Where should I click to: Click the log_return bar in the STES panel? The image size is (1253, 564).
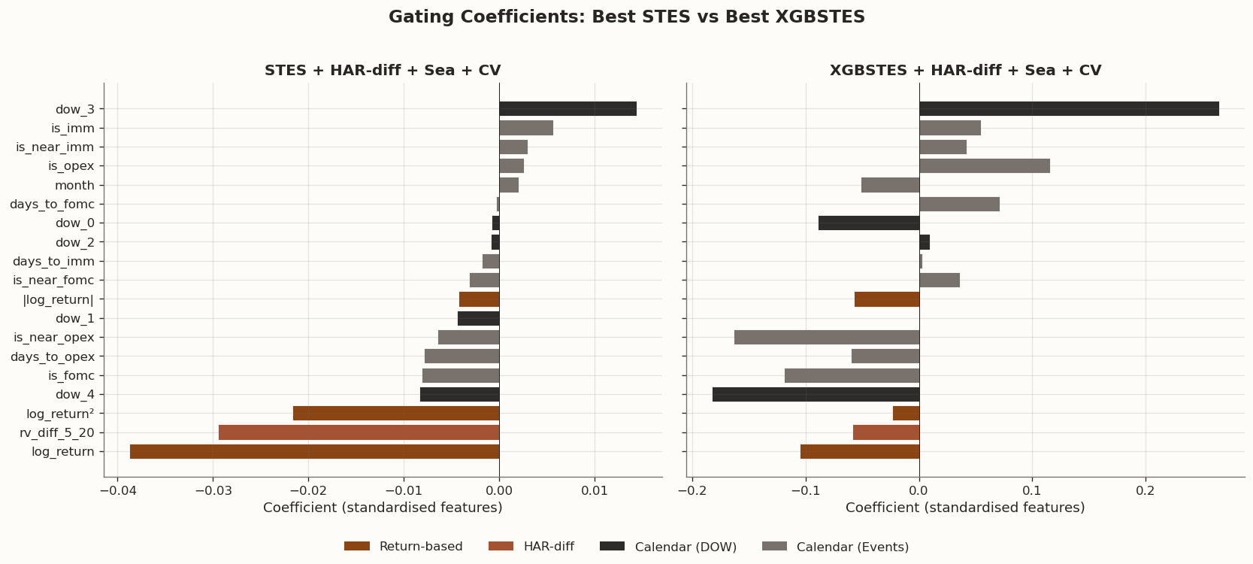pyautogui.click(x=314, y=452)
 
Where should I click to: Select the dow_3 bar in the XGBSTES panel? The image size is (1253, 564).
pyautogui.click(x=1069, y=109)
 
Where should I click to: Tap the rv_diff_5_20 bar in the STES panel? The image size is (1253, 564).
pyautogui.click(x=359, y=432)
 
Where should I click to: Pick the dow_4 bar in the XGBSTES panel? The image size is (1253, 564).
pyautogui.click(x=816, y=395)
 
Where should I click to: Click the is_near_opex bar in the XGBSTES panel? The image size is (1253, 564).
pyautogui.click(x=827, y=338)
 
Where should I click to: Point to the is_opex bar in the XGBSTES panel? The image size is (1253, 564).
pyautogui.click(x=985, y=166)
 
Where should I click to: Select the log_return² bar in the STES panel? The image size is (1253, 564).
pyautogui.click(x=396, y=414)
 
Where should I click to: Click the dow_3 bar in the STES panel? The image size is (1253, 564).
pyautogui.click(x=567, y=109)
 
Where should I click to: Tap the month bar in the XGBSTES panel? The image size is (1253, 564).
pyautogui.click(x=890, y=185)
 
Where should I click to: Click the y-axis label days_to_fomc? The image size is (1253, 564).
pyautogui.click(x=52, y=205)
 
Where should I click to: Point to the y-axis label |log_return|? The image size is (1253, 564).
pyautogui.click(x=59, y=299)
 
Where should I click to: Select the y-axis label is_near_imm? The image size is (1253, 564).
pyautogui.click(x=55, y=147)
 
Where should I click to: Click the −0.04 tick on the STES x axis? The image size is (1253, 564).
pyautogui.click(x=117, y=490)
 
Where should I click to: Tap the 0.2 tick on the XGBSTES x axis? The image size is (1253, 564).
pyautogui.click(x=1146, y=490)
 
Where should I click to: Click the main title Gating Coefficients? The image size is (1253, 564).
pyautogui.click(x=626, y=17)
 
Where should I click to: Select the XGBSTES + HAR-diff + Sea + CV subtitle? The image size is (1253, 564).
pyautogui.click(x=965, y=71)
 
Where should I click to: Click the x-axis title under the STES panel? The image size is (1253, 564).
pyautogui.click(x=383, y=508)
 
